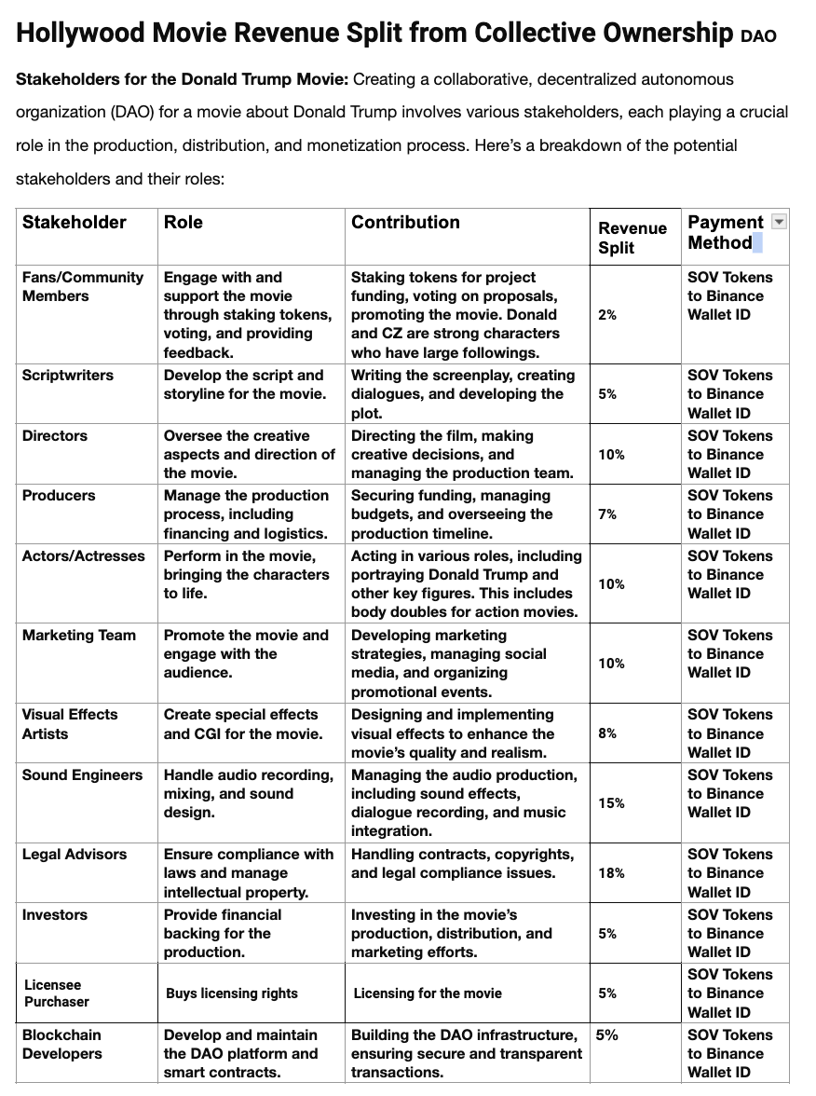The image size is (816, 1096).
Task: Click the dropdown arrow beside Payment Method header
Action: point(780,222)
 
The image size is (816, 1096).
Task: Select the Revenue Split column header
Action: point(632,238)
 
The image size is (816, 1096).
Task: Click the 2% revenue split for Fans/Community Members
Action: point(607,315)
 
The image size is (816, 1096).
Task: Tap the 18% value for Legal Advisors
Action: point(612,873)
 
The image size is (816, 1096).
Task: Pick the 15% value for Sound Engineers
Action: point(612,803)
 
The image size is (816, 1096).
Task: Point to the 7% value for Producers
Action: point(607,514)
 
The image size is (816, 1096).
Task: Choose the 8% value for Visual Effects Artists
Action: point(607,733)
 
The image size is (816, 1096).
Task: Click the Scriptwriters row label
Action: point(68,376)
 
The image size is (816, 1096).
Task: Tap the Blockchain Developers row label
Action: point(62,1045)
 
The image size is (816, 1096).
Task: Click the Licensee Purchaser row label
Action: point(57,993)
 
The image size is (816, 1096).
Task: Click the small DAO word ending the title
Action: point(758,37)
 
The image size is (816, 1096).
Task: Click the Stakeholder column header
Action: point(75,223)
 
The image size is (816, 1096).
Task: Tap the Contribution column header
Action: point(405,223)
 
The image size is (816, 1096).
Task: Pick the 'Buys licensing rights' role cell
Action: point(232,993)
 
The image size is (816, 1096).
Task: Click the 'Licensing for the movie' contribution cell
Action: point(428,993)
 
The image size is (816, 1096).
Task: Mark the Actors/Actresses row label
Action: point(84,556)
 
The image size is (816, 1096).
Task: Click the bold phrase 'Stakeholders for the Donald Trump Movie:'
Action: point(183,79)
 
